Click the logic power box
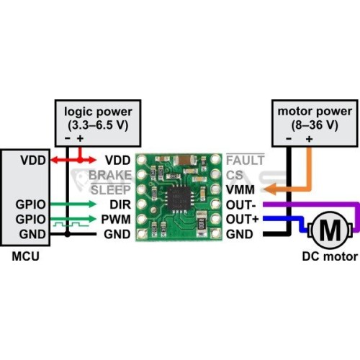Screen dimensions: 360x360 click(98, 123)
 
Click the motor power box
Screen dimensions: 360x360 click(315, 123)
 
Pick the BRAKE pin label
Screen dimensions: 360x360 click(110, 175)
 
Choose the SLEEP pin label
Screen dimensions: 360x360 click(111, 190)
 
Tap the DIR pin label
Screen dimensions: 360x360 click(120, 204)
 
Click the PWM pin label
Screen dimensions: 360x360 click(116, 220)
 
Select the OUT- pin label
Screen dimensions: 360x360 click(240, 205)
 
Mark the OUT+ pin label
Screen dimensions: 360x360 click(243, 220)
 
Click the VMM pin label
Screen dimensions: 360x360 click(240, 190)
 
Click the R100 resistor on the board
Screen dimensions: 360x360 click(201, 223)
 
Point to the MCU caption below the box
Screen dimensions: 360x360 click(25, 256)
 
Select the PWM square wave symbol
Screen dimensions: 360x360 click(71, 225)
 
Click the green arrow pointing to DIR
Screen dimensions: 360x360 click(73, 204)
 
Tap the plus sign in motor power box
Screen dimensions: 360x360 click(310, 139)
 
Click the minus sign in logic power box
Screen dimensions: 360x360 click(68, 138)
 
